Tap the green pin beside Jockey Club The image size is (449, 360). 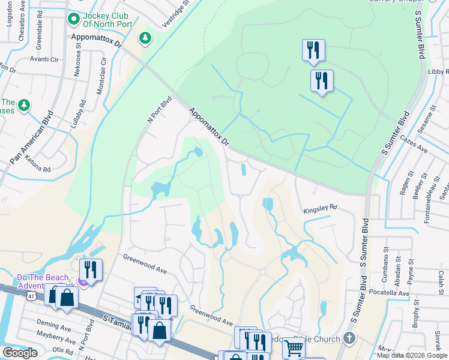coord(74,19)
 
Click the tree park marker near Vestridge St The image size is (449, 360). coord(145,39)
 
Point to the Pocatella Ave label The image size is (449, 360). coord(390,293)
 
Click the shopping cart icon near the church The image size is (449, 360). coord(294,347)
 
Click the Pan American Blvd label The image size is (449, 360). coord(32,137)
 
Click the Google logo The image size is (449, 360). coord(20,353)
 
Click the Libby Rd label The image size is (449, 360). coord(436,71)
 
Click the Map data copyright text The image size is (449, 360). coord(411,355)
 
